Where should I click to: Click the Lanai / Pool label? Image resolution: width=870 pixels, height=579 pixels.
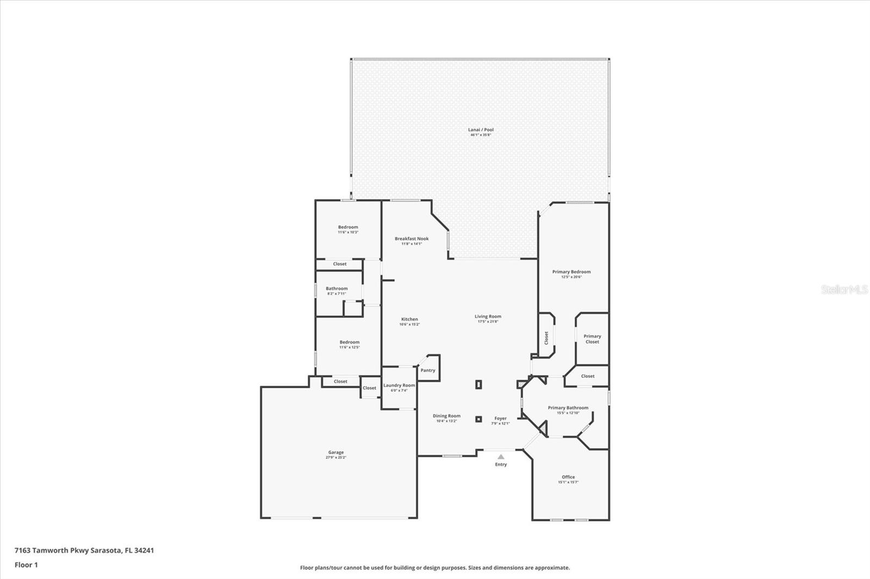tap(481, 130)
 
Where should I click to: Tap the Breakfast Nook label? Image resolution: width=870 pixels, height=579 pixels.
tap(412, 238)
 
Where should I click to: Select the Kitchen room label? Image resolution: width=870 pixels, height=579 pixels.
tap(409, 319)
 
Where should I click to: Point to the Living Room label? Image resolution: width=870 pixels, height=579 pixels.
tap(488, 316)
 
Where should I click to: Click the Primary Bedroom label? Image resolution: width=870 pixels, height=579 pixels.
tap(571, 272)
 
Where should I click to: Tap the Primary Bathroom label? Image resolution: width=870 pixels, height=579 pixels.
tap(568, 407)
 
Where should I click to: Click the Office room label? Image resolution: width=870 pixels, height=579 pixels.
tap(568, 477)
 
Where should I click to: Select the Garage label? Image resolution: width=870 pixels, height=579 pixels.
tap(335, 452)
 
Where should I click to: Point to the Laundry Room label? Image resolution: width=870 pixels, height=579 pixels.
tap(399, 385)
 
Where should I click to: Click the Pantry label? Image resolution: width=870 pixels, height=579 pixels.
tap(428, 370)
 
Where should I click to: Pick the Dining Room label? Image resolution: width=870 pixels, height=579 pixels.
tap(446, 416)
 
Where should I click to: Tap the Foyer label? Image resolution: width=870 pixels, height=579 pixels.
tap(500, 418)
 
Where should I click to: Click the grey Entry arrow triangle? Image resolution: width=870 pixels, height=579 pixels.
tap(501, 457)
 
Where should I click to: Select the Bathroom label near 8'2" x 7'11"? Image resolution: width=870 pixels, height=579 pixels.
tap(337, 288)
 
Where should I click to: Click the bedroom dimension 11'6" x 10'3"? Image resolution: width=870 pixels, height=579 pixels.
tap(348, 232)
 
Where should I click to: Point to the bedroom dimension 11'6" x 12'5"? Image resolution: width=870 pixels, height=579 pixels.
tap(350, 348)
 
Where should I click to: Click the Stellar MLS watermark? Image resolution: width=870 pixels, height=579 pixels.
tap(844, 290)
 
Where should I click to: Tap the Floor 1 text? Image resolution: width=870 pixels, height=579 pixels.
tap(26, 565)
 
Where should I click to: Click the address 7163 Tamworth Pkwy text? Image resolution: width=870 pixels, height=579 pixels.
tap(84, 550)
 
